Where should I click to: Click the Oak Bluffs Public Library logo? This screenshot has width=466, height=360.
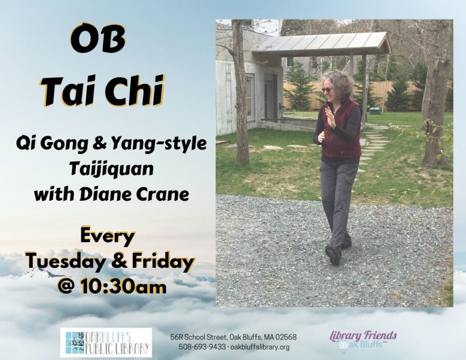106,342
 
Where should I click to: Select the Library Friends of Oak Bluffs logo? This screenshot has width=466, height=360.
363,341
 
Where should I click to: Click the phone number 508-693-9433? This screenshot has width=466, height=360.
202,347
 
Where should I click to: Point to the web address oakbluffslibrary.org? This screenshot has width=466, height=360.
260,347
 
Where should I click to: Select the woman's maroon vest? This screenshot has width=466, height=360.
341,129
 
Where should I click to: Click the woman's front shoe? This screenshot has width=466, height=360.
333,254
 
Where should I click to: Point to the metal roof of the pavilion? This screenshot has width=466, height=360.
321,44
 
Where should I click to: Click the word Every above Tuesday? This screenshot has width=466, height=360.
108,237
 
